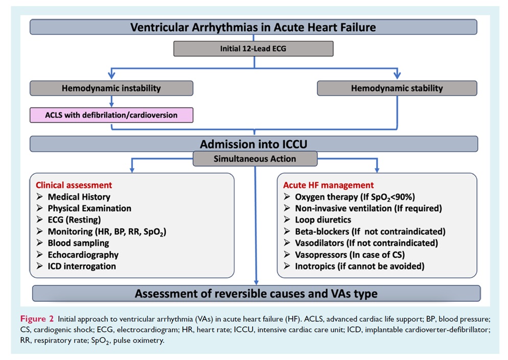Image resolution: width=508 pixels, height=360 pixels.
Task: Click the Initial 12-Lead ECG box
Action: click(253, 49)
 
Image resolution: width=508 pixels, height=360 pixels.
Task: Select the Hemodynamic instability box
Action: click(111, 88)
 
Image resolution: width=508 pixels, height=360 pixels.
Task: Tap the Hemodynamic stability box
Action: click(397, 88)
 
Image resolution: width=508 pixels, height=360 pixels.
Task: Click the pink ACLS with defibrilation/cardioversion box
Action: click(111, 115)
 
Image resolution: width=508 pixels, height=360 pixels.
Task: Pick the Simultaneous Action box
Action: click(255, 159)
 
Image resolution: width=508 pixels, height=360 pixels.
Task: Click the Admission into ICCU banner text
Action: click(253, 144)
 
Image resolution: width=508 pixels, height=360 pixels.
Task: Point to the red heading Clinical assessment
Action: click(74, 185)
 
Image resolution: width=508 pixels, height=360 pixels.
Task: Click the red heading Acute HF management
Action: click(329, 185)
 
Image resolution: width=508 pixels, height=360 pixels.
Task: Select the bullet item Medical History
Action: click(79, 197)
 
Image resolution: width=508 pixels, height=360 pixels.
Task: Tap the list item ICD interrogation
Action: click(82, 266)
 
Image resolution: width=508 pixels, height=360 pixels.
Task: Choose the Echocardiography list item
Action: click(83, 255)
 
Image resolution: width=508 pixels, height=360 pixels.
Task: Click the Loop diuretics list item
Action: click(323, 220)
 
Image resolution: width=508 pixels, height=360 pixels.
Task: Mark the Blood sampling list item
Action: click(78, 243)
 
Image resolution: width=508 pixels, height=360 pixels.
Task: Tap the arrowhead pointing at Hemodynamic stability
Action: click(397, 75)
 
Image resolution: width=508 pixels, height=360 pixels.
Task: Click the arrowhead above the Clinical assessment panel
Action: click(132, 169)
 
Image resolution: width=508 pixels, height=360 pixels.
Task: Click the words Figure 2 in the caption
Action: click(37, 319)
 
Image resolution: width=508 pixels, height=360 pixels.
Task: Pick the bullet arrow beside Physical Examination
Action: click(39, 208)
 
